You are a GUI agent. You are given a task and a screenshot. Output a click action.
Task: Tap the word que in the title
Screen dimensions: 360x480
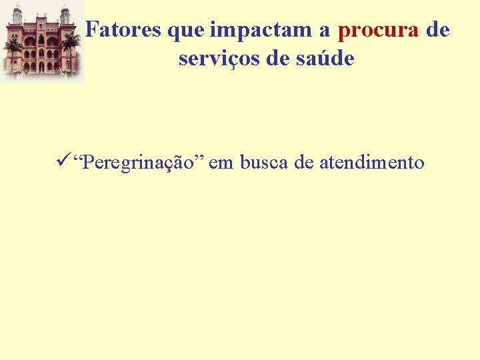pyautogui.click(x=187, y=29)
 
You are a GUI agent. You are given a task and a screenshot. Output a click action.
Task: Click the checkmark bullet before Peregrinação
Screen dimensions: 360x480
pyautogui.click(x=65, y=161)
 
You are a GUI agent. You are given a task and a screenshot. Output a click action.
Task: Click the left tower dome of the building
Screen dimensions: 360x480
pyautogui.click(x=17, y=11)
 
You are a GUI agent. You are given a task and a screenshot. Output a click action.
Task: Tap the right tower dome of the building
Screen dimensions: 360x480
pyautogui.click(x=65, y=11)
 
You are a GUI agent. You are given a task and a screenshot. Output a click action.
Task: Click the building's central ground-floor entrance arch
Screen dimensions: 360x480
pyautogui.click(x=41, y=67)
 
